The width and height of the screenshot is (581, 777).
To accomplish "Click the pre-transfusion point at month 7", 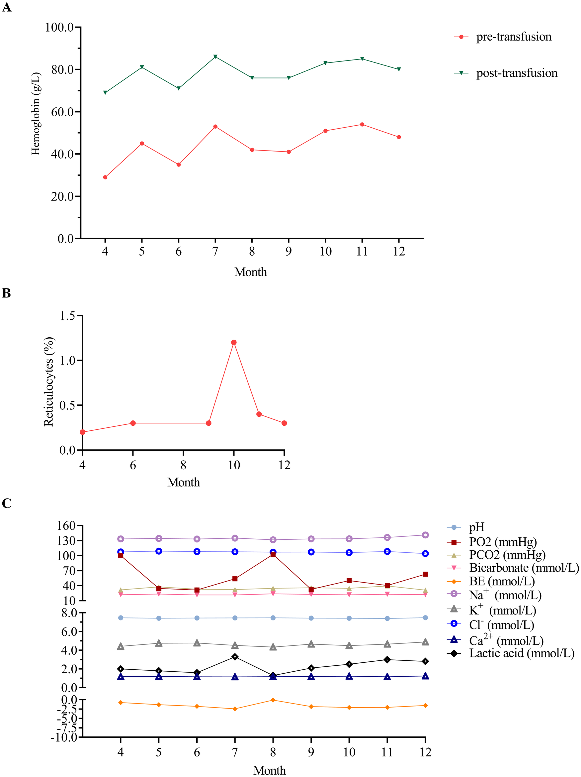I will tap(215, 127).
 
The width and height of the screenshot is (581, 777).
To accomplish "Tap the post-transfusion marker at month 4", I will tap(105, 92).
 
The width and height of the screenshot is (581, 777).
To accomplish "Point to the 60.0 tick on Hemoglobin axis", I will tap(62, 112).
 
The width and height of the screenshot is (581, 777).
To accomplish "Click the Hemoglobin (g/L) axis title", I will tap(36, 114).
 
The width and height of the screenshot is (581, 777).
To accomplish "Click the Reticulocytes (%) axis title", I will tap(49, 382).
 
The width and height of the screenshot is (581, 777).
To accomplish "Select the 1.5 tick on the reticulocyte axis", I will tap(67, 316).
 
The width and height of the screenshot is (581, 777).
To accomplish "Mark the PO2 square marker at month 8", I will tap(273, 554).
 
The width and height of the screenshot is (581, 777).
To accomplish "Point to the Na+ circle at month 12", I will tap(425, 535).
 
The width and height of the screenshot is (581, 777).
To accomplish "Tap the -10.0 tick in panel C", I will tap(64, 737).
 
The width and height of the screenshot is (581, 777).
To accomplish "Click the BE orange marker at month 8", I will tap(273, 700).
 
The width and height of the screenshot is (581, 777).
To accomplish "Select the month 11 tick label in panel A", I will tap(362, 252).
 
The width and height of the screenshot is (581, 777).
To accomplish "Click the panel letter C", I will tap(6, 503).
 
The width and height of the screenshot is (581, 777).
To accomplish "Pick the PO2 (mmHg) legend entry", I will tap(502, 542).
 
